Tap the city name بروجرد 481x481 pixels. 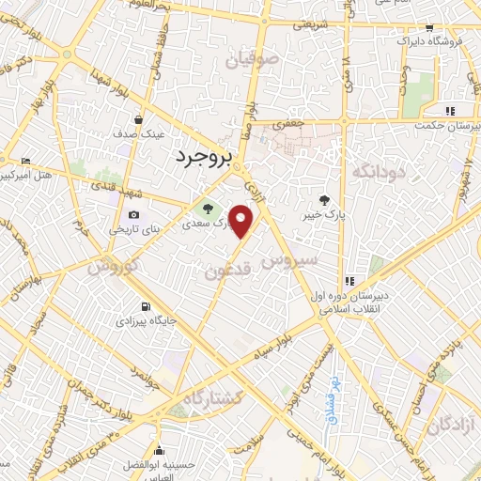[x=202, y=158]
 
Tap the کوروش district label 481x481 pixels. [x=114, y=267]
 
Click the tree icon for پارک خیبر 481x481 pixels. [x=325, y=200]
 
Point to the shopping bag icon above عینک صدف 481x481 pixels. [x=139, y=120]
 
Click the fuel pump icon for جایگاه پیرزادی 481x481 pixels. [x=144, y=306]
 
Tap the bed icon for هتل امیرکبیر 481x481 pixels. [x=24, y=161]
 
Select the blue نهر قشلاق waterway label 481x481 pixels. [x=332, y=402]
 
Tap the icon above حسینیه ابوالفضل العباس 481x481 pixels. [x=160, y=449]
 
